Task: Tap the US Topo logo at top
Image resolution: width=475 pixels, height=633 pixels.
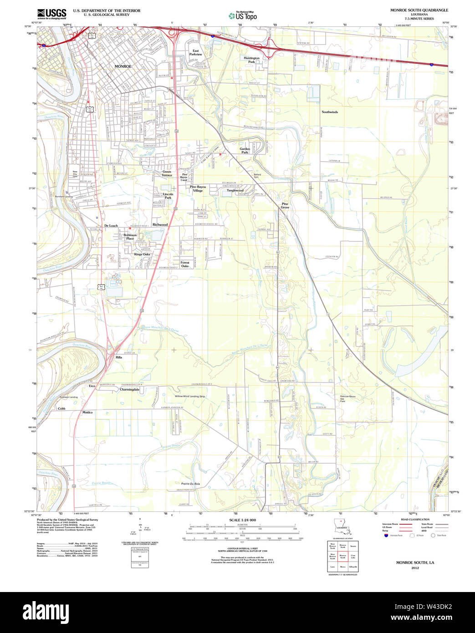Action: (x=243, y=16)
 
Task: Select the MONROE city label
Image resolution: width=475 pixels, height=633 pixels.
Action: (x=123, y=66)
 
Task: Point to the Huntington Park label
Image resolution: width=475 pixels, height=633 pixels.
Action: (x=251, y=60)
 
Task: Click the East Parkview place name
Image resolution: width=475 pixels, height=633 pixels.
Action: (x=195, y=52)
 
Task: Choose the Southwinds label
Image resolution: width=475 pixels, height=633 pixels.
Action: (x=330, y=112)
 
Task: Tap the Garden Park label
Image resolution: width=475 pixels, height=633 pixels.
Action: (x=245, y=150)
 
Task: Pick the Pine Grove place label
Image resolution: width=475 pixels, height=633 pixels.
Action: (x=285, y=205)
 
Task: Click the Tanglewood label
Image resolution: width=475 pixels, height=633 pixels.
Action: (x=235, y=190)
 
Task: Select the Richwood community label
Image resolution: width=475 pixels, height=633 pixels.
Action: (x=160, y=225)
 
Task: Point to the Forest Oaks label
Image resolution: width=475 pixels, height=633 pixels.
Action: (x=185, y=264)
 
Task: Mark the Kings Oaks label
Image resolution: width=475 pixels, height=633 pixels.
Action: (x=142, y=254)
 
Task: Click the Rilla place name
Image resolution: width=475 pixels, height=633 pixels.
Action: (x=119, y=357)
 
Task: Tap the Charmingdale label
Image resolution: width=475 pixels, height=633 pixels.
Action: (x=129, y=389)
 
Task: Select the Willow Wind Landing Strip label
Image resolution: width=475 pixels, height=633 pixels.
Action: (x=190, y=396)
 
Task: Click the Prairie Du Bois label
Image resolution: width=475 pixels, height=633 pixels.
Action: (x=190, y=483)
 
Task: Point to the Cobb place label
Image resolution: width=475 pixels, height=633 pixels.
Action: (x=61, y=408)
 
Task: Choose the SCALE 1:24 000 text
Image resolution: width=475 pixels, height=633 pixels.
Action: (x=242, y=520)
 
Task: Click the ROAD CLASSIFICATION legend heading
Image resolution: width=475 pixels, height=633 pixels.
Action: (x=415, y=520)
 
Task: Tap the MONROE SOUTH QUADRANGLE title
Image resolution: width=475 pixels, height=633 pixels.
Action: (x=419, y=10)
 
